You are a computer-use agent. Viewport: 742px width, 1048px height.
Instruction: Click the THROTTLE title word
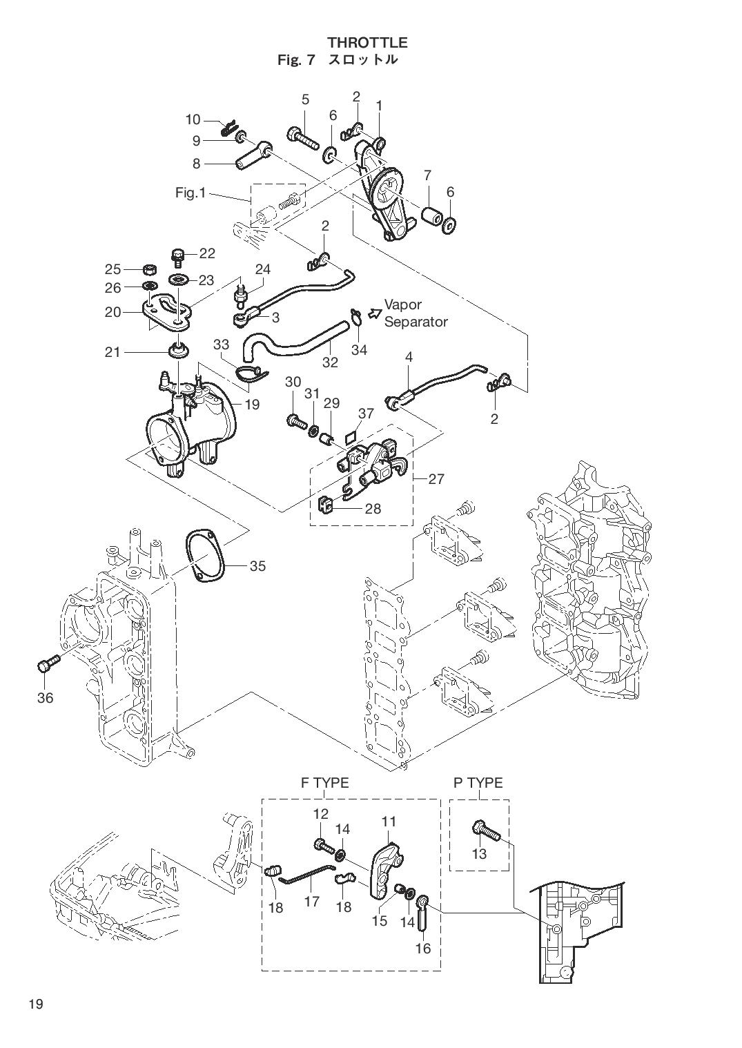point(367,43)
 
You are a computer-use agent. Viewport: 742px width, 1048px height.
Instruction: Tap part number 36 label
point(45,698)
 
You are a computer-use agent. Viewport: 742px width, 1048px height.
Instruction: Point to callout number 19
point(252,405)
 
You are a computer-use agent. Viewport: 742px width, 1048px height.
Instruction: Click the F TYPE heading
point(324,783)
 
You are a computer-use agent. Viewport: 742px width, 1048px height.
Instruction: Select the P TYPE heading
point(478,783)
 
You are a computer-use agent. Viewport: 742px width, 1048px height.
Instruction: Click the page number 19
point(36,1004)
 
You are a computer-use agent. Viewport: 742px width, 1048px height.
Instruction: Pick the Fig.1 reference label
point(191,193)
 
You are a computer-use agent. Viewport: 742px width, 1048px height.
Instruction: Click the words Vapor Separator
point(416,313)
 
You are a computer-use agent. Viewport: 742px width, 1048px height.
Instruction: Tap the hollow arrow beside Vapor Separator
point(374,313)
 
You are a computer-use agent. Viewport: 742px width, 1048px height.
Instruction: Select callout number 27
point(436,478)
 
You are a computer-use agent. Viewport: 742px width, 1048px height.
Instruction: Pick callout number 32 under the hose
point(330,362)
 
